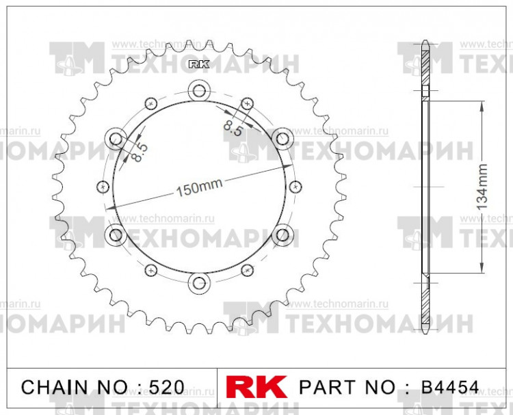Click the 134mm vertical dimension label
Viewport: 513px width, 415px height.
pos(482,186)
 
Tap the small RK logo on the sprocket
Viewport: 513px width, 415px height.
pos(198,65)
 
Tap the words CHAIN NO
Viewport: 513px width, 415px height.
pos(75,387)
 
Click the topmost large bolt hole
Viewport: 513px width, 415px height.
pos(199,90)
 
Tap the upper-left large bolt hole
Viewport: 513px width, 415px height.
pos(116,137)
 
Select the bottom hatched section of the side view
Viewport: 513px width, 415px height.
pos(425,304)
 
